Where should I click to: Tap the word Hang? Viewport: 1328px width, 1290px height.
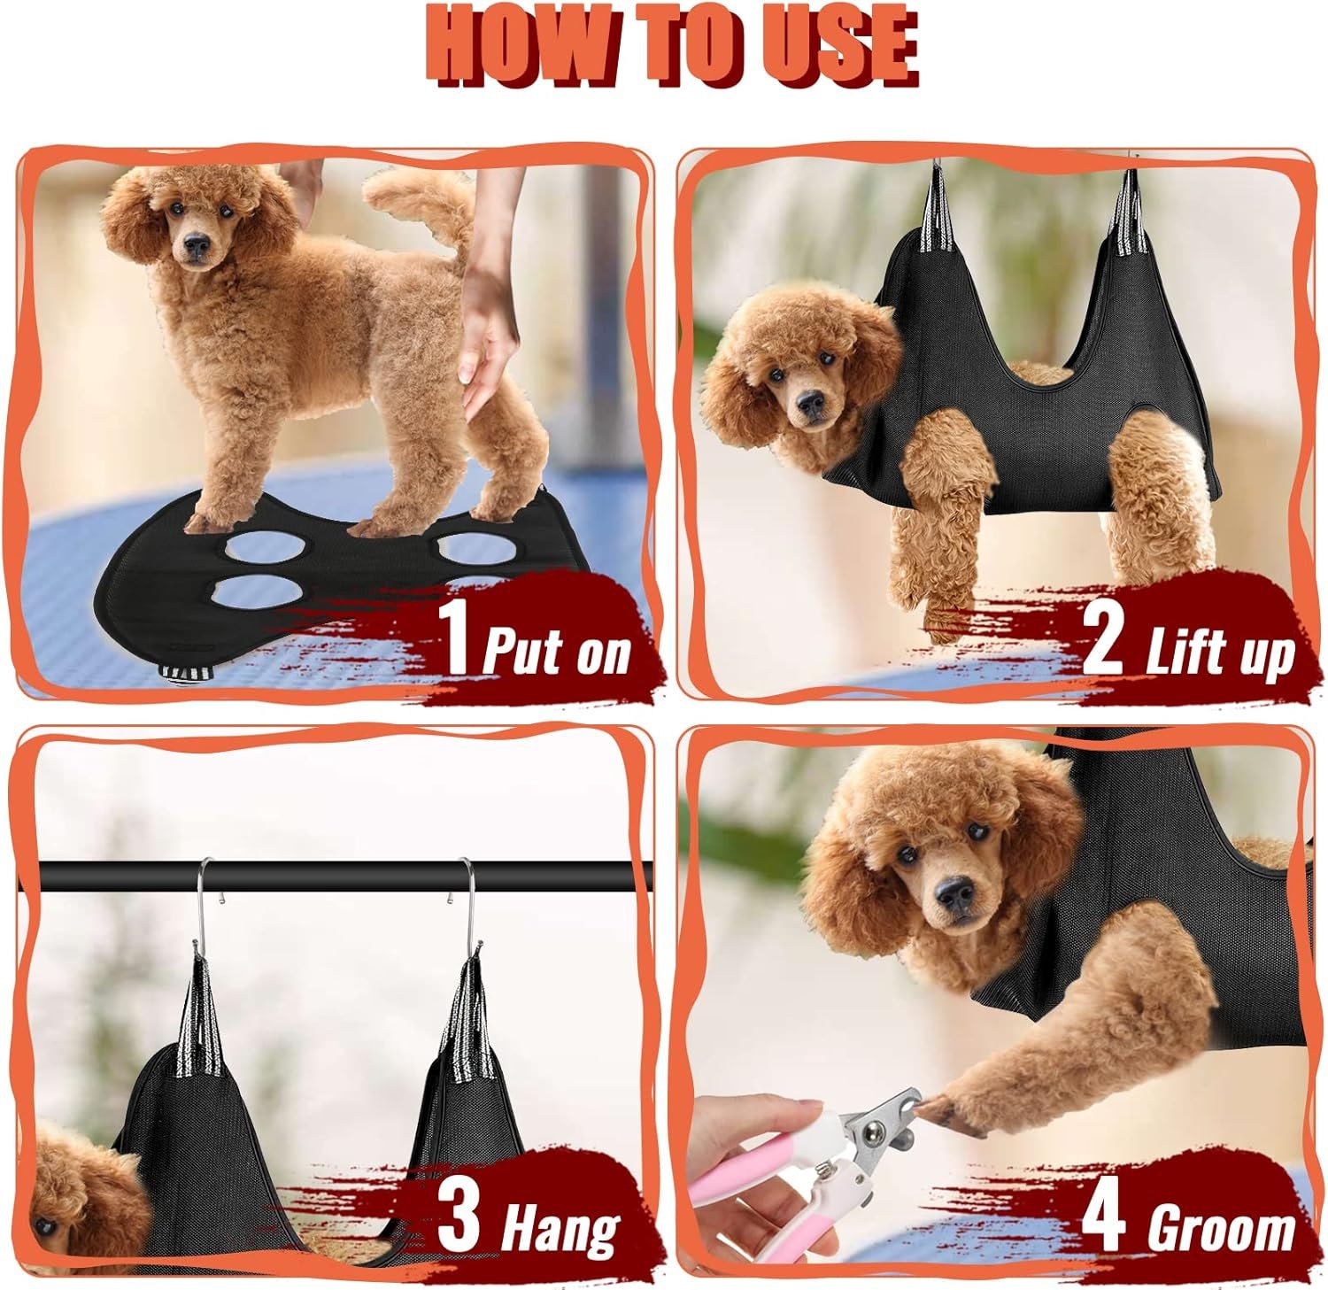(x=560, y=1228)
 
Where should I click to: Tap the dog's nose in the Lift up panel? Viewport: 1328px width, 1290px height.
(x=808, y=402)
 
